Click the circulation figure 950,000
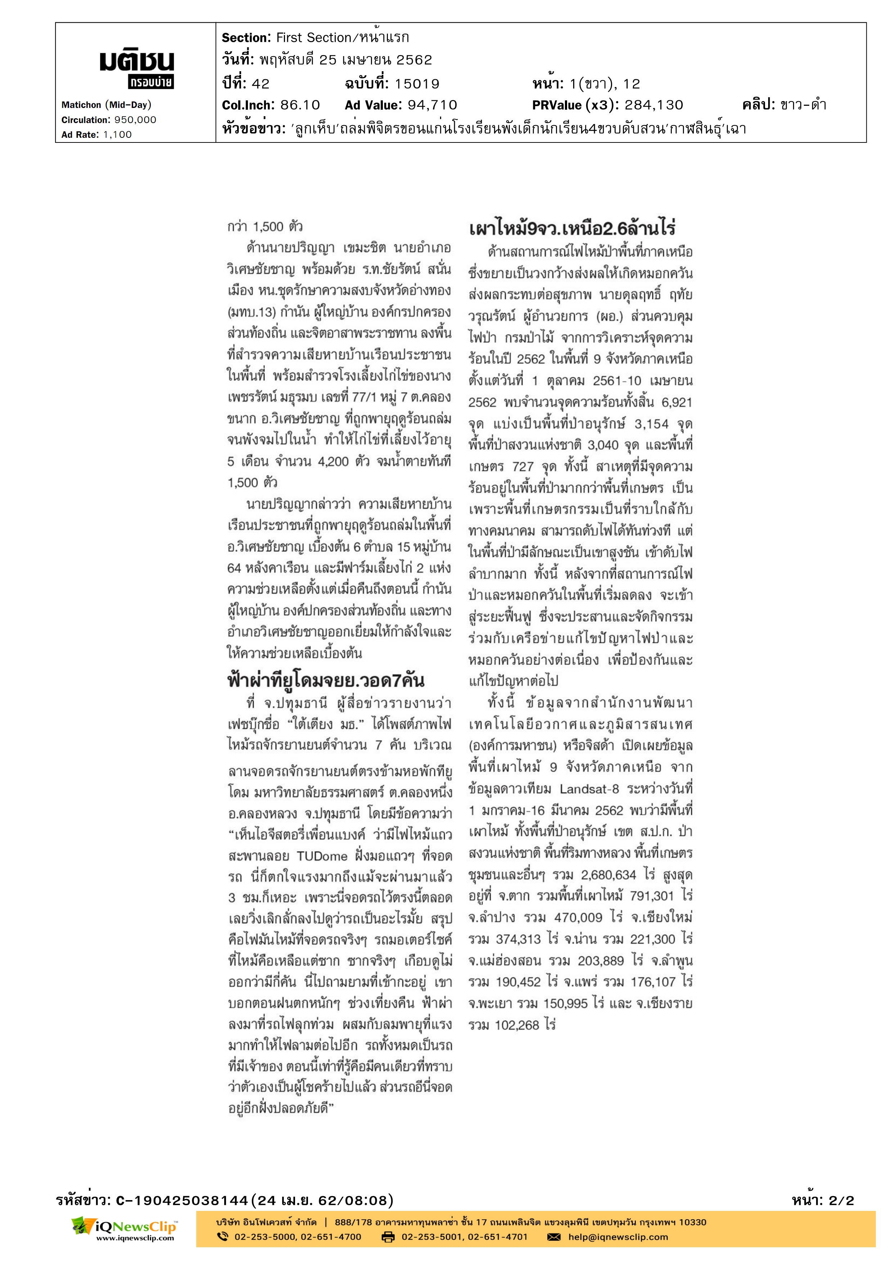(x=135, y=120)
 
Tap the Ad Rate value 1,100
(x=117, y=135)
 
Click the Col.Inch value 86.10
(x=300, y=105)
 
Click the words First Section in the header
(x=313, y=37)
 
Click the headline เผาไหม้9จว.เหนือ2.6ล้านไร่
(x=572, y=228)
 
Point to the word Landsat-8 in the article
(x=589, y=789)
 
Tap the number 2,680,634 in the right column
(x=613, y=875)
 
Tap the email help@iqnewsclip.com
(x=618, y=1237)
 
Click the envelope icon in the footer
(x=553, y=1237)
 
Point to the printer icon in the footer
(x=388, y=1237)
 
